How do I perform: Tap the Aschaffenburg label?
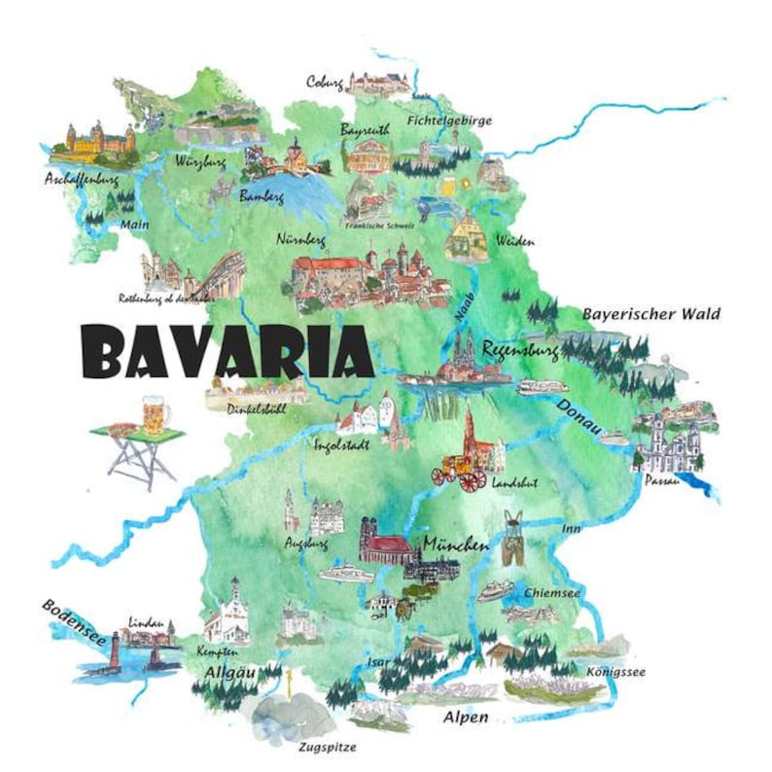pos(81,180)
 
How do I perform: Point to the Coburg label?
pos(325,82)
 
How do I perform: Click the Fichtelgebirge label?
pos(450,121)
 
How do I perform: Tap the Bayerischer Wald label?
pos(650,314)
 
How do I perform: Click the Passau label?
pos(658,480)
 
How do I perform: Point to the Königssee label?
pos(615,672)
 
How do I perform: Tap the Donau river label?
pos(581,417)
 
